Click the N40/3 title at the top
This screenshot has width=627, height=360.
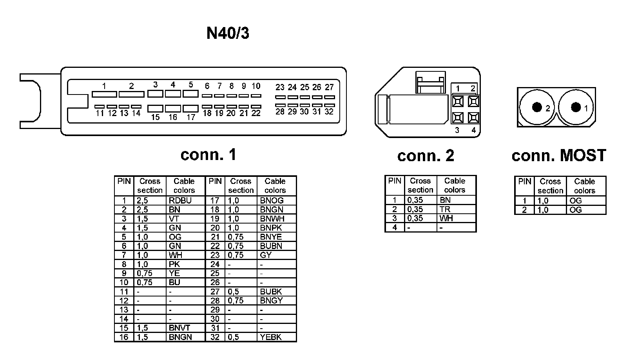tap(228, 34)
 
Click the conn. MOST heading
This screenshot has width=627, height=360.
tap(558, 156)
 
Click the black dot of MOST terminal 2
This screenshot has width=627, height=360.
tap(537, 107)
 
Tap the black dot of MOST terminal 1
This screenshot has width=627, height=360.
tap(576, 107)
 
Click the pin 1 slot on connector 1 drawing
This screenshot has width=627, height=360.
tap(104, 94)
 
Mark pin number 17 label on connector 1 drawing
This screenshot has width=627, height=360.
tap(191, 117)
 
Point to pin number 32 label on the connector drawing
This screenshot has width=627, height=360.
tap(329, 112)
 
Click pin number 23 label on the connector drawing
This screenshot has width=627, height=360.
tap(280, 87)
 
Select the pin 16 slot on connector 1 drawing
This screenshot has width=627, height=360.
tap(173, 108)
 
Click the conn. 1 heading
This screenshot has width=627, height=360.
tap(208, 155)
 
